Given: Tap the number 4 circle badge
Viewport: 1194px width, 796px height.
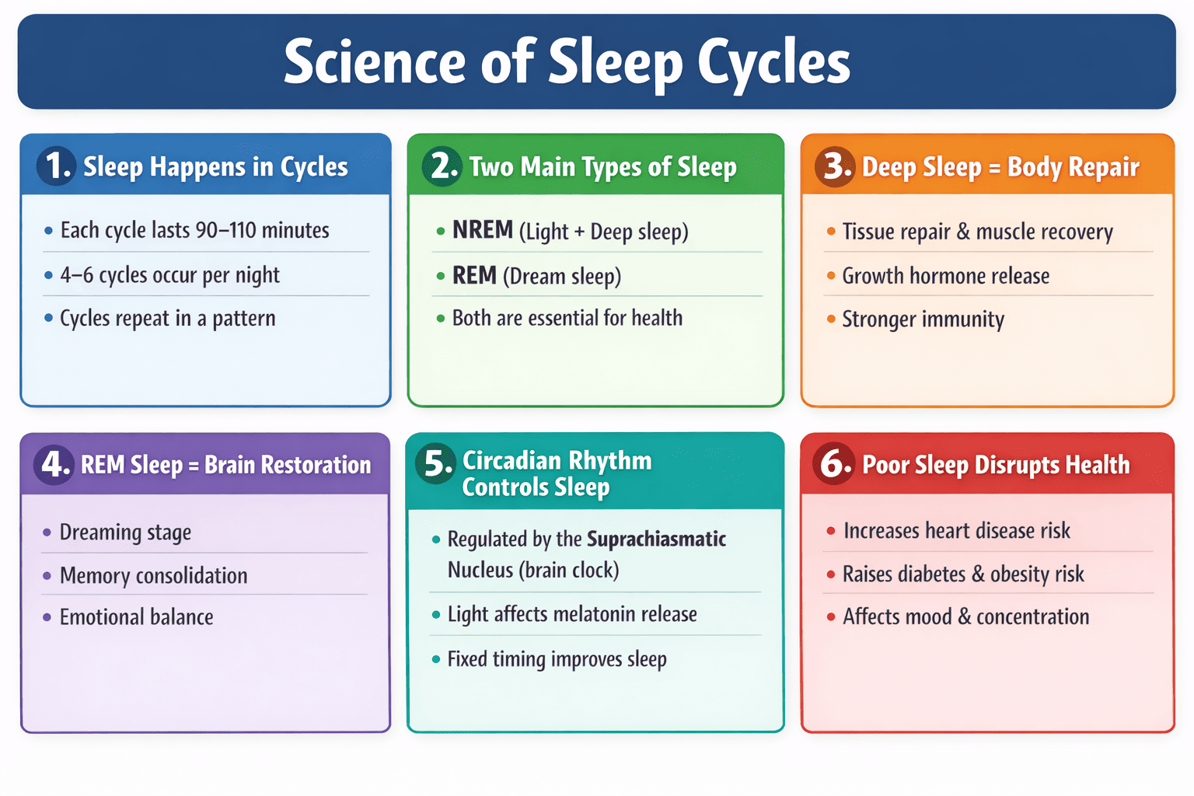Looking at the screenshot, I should (53, 465).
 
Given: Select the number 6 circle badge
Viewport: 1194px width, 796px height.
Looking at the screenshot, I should (835, 464).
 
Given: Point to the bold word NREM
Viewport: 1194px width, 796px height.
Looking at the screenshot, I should (483, 230).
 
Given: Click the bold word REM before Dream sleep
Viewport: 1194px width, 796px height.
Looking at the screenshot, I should (474, 275).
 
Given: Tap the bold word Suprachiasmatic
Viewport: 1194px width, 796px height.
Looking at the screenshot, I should (656, 539).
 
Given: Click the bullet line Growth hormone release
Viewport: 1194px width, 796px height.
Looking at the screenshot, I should (945, 276).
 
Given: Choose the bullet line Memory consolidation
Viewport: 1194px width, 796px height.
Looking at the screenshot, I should (153, 576).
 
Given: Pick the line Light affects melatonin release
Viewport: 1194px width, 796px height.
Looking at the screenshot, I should (571, 614).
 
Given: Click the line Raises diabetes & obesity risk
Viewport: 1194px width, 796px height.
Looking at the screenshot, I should (963, 574).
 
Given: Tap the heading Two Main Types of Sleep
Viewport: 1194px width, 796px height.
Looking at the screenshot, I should (602, 166).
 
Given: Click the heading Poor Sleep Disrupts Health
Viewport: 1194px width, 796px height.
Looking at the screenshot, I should (996, 465).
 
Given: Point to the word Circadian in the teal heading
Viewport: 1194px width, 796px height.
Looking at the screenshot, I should (508, 460).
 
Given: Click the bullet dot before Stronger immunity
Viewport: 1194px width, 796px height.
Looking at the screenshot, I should (830, 319).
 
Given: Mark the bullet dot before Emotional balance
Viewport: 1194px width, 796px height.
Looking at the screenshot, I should (47, 617).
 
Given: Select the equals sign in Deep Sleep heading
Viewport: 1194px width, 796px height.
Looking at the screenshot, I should (994, 168).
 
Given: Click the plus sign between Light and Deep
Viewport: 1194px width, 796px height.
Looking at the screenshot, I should (579, 232).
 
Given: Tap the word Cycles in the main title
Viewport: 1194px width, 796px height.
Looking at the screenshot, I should (773, 62).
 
